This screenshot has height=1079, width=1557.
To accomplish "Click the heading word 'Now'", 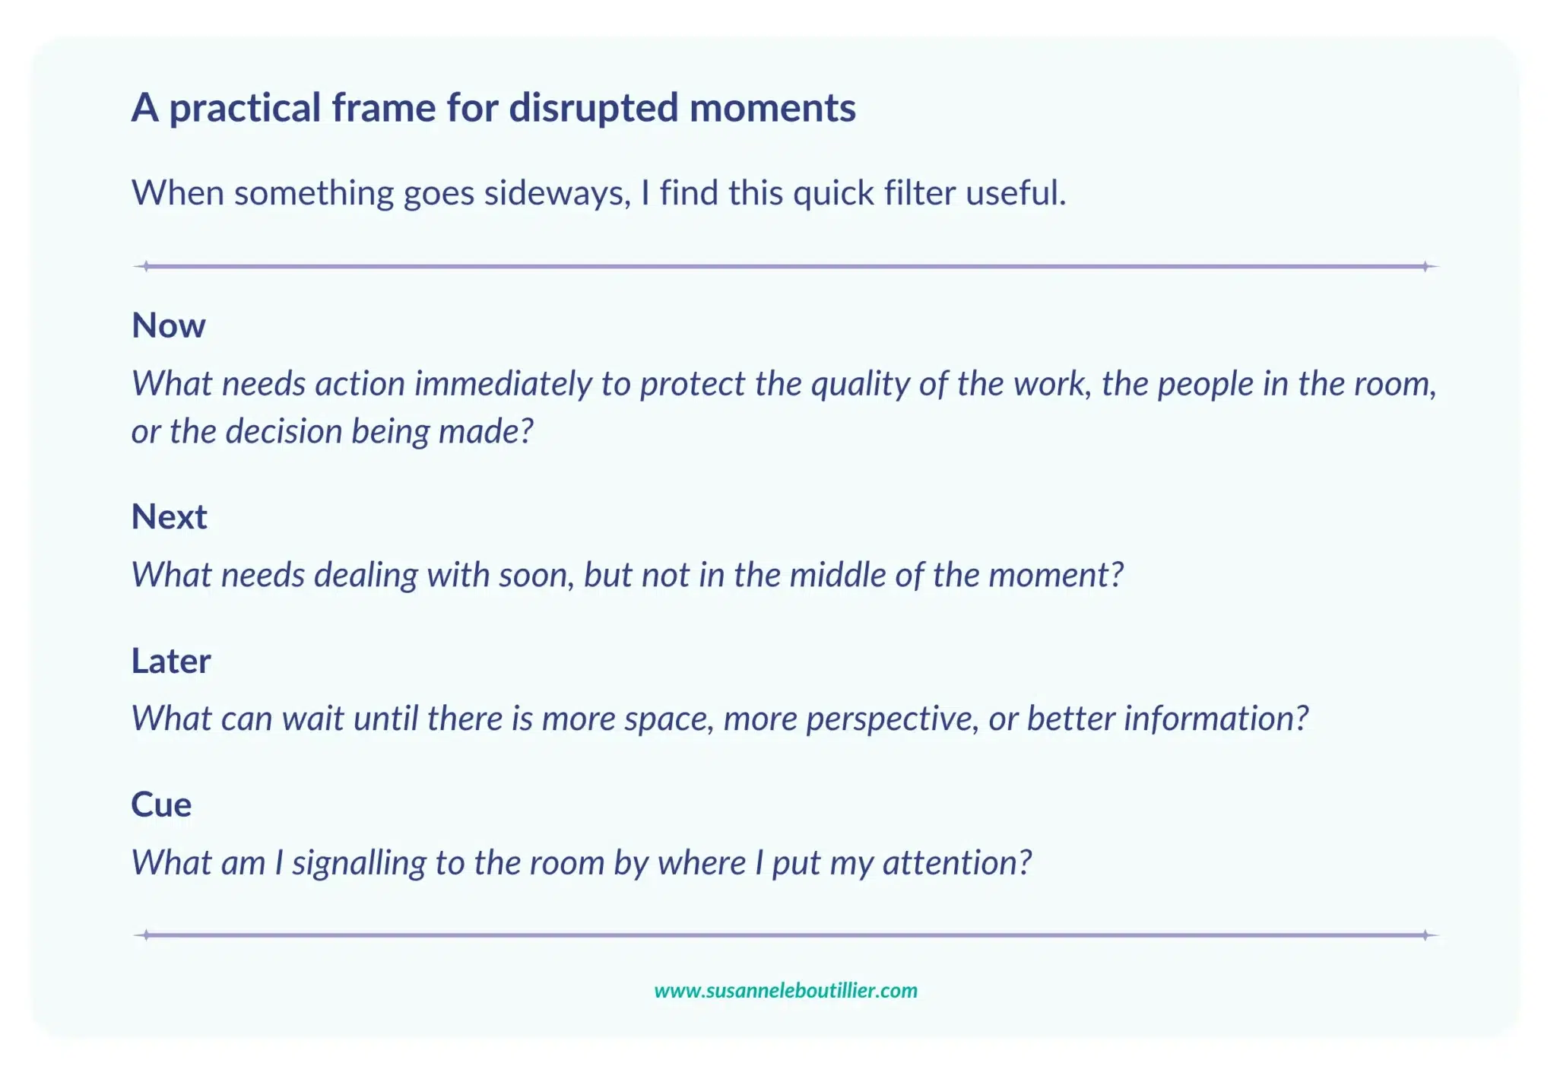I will point(168,325).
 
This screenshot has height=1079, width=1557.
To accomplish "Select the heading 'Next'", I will point(169,517).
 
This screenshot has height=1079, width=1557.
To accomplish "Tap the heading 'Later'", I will point(170,661).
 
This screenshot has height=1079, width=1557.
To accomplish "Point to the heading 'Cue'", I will point(161,804).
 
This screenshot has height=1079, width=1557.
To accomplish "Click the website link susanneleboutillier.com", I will point(785,990).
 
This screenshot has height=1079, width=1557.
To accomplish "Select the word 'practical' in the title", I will point(245,108).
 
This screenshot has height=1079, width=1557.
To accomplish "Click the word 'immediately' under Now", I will point(503,384).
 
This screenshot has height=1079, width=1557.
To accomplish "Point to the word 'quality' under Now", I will point(861,384).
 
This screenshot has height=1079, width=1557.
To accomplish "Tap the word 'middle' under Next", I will point(838,575).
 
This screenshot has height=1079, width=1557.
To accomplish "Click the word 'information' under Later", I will point(1215,719).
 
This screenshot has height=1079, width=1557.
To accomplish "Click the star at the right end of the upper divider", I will point(1426,266).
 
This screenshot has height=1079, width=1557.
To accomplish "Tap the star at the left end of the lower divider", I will point(146,935).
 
